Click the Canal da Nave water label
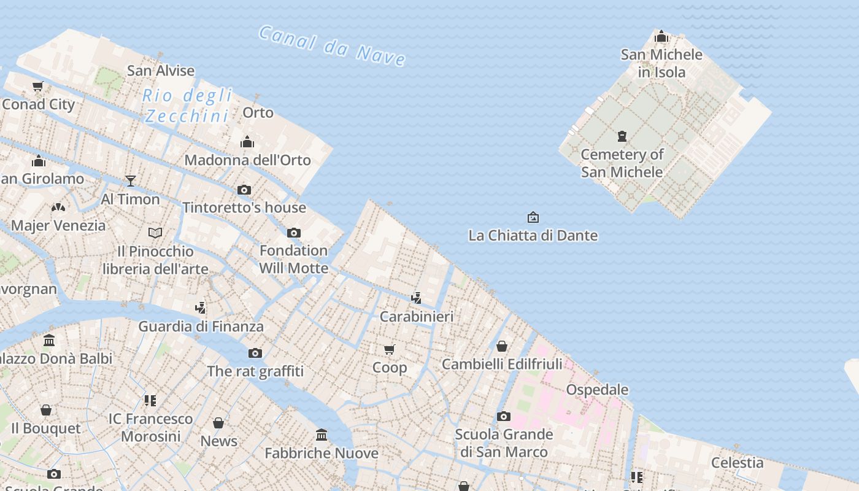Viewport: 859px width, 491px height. [332, 45]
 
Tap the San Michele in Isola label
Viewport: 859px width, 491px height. [661, 63]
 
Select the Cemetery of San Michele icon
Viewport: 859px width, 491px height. [622, 136]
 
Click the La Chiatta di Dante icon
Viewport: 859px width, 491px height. [533, 217]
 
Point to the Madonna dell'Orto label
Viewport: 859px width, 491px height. [247, 160]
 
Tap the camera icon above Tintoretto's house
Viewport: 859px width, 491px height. [244, 190]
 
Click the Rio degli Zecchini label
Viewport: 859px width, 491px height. [188, 106]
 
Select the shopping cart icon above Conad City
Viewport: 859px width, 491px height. [38, 87]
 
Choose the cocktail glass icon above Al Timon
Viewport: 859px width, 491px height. [130, 181]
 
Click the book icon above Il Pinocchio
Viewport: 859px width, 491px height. [155, 233]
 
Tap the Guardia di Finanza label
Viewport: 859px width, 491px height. [201, 327]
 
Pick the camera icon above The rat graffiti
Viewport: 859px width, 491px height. [255, 354]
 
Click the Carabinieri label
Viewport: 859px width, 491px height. [417, 317]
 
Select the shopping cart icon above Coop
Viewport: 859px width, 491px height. [390, 350]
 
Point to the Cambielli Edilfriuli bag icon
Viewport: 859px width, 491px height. [502, 347]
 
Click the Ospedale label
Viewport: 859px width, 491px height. [597, 390]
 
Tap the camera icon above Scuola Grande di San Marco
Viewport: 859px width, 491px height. [504, 417]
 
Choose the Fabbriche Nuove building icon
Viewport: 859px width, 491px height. [322, 436]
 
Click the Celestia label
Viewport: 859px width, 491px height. [737, 463]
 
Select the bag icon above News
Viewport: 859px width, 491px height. [218, 423]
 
